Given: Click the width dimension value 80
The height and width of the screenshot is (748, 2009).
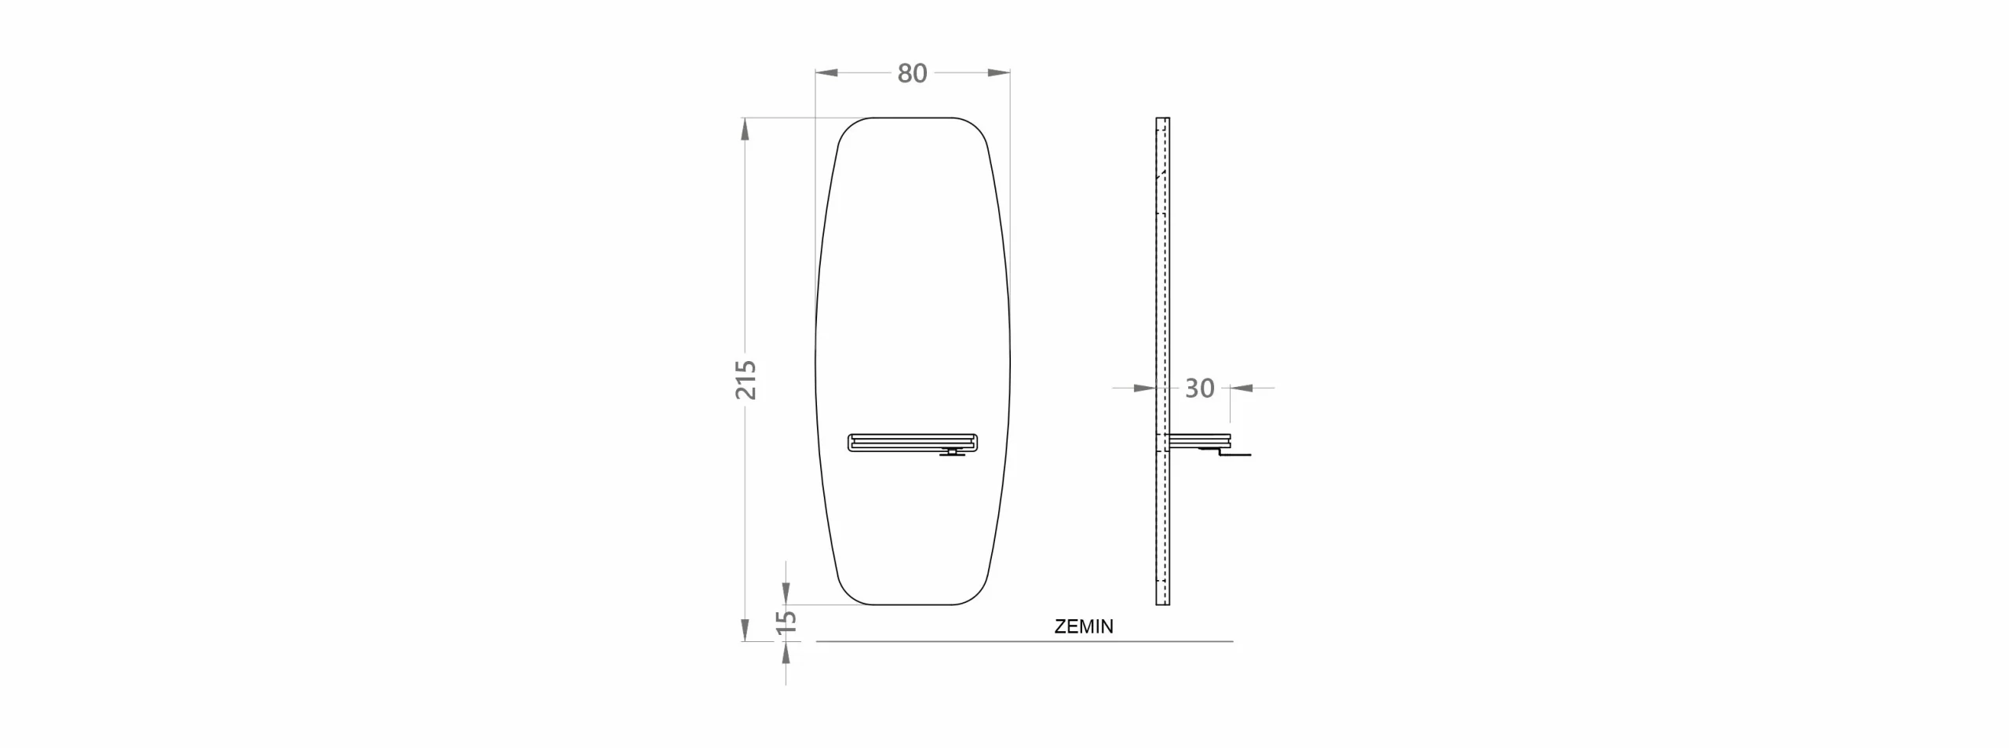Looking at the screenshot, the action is click(x=912, y=73).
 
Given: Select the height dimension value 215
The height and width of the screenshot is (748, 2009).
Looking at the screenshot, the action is click(x=746, y=380).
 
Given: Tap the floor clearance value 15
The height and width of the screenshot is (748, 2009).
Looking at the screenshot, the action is click(x=786, y=621).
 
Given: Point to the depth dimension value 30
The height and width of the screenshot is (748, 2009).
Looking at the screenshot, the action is click(x=1199, y=388).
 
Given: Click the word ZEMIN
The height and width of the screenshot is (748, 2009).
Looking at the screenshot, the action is click(x=1084, y=626).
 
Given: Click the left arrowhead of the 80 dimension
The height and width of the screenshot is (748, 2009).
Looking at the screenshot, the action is click(x=826, y=73).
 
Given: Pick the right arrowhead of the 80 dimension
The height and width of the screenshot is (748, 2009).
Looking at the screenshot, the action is click(x=998, y=73).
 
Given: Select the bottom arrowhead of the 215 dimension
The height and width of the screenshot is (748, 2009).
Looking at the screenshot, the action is click(x=745, y=629).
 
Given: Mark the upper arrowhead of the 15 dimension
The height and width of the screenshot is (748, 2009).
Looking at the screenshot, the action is click(x=786, y=593).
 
